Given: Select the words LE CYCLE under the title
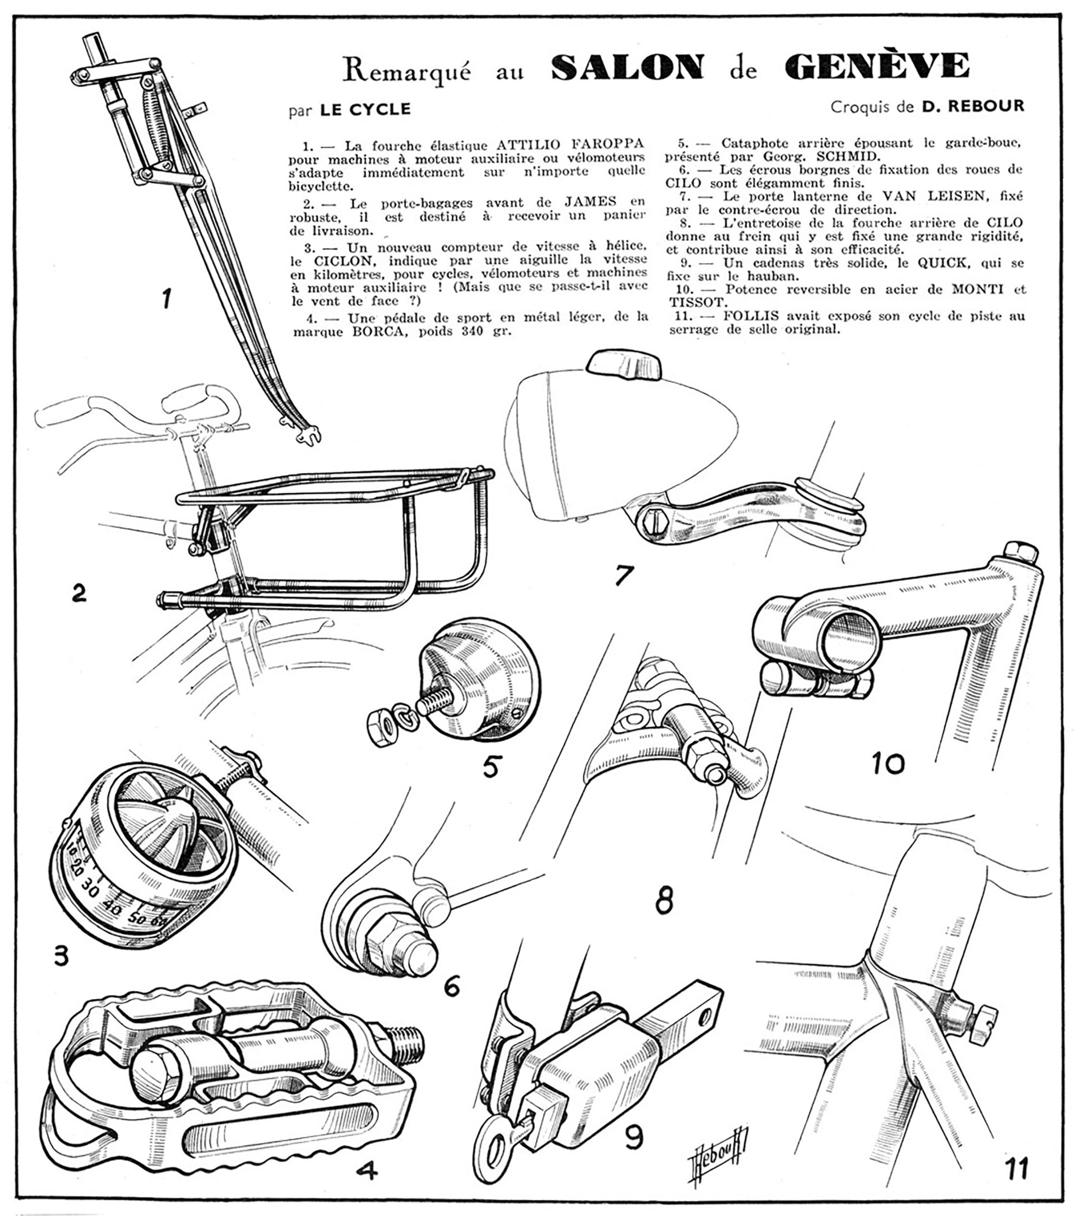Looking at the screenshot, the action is pyautogui.click(x=365, y=109).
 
